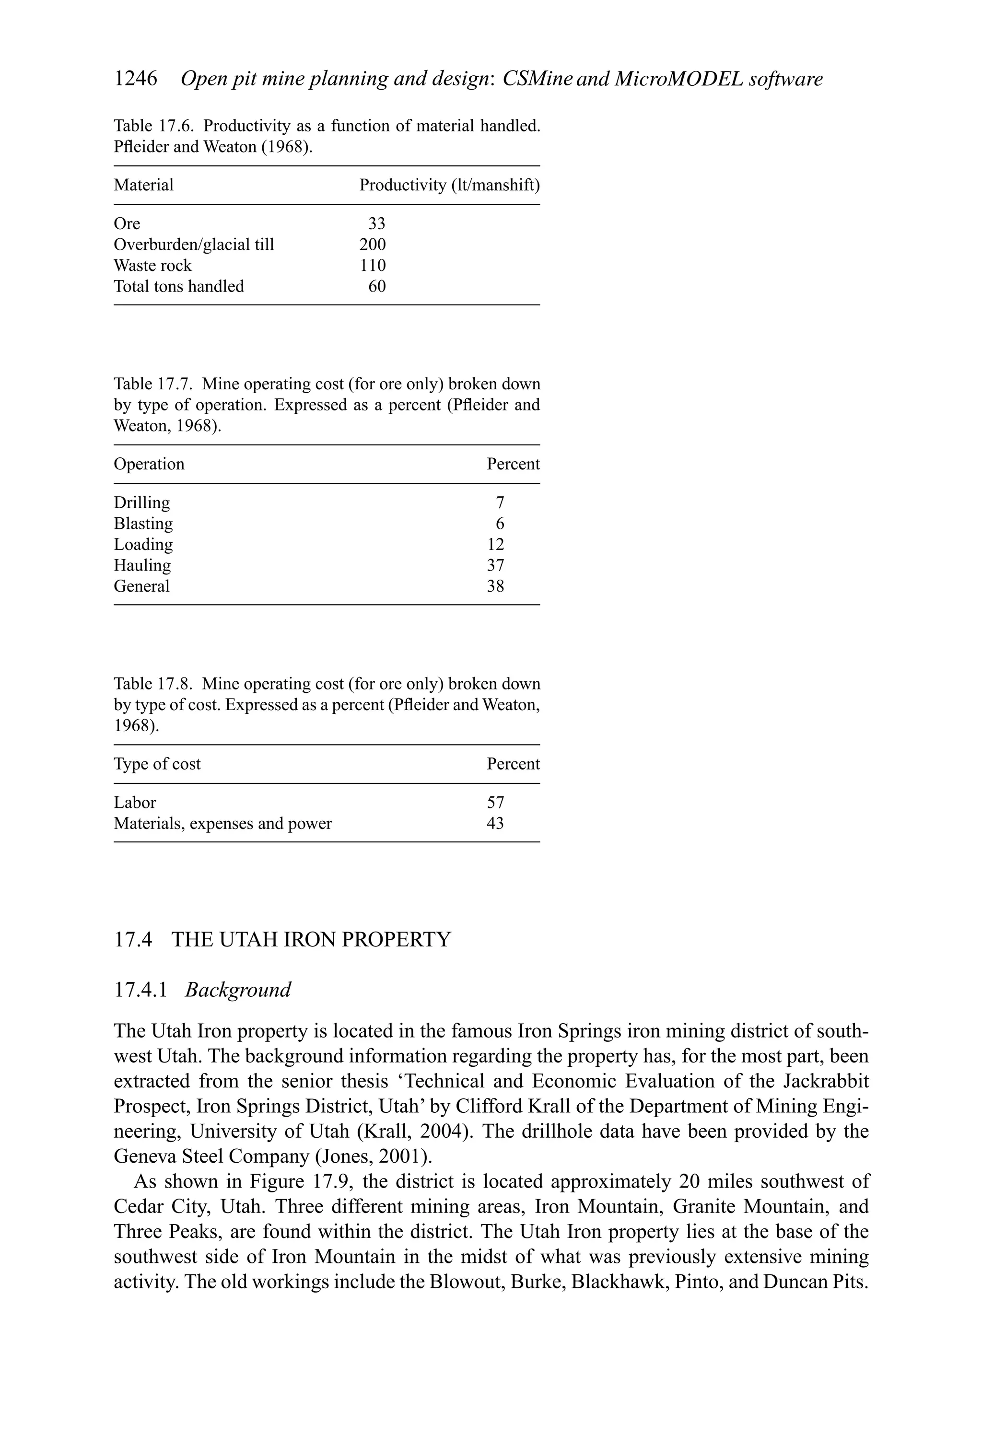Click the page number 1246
[x=135, y=79]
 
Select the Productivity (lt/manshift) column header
[x=449, y=185]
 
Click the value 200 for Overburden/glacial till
[x=373, y=245]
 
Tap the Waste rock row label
[x=152, y=266]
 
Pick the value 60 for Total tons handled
[x=377, y=287]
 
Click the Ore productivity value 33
[x=377, y=223]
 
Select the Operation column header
[x=149, y=464]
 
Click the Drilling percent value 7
[x=500, y=502]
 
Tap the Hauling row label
[x=142, y=566]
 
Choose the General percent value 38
[x=495, y=586]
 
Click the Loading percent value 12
[x=495, y=545]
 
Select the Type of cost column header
[x=157, y=764]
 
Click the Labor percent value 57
[x=495, y=803]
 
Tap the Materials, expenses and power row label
[x=222, y=824]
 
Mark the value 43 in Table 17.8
[x=495, y=824]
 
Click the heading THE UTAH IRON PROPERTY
[x=311, y=940]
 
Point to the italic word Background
[x=238, y=991]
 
